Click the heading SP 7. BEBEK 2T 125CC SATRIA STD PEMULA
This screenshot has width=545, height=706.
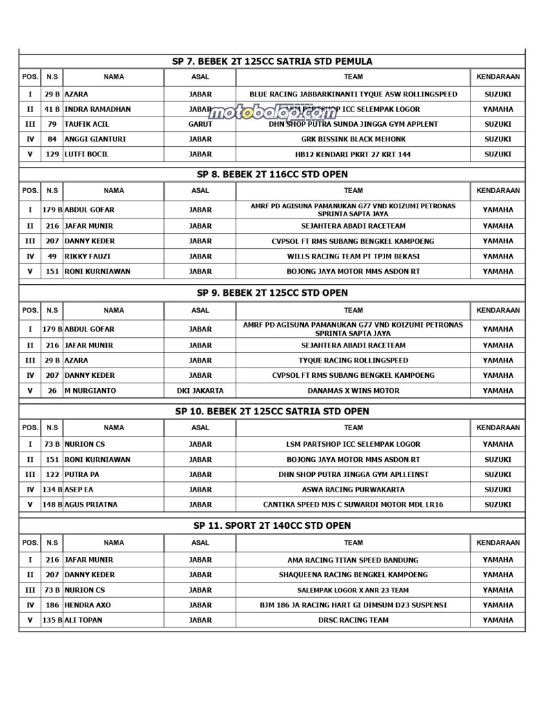[x=272, y=61]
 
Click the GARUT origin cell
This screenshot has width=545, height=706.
[x=200, y=124]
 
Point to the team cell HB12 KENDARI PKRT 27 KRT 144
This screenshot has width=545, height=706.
[x=353, y=154]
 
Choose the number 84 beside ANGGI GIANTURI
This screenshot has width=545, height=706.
[x=52, y=139]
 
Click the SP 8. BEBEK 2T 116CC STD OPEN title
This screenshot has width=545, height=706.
[x=272, y=174]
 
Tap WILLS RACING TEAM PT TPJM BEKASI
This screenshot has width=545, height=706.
[x=353, y=256]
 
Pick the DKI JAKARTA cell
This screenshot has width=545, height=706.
[x=200, y=391]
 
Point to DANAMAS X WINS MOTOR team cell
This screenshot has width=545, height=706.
[x=353, y=391]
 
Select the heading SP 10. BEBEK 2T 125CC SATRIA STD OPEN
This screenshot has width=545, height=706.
[x=272, y=411]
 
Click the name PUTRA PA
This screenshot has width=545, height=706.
[x=82, y=474]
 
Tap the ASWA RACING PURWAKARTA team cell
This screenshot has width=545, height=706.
[x=353, y=490]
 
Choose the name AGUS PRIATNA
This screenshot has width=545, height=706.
[x=91, y=505]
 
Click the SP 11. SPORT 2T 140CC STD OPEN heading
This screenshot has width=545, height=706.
[x=272, y=525]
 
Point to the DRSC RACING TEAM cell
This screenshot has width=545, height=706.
[x=353, y=620]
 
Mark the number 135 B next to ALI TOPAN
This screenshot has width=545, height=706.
[x=52, y=620]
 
